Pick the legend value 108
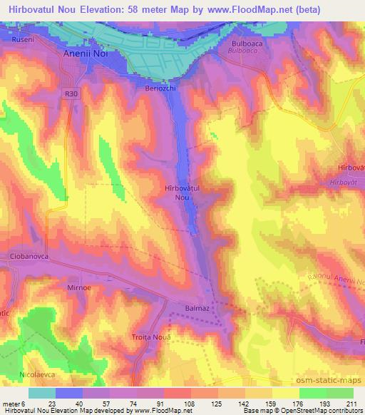pos(190,403)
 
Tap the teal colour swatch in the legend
pos(41,393)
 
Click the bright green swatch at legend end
pos(339,393)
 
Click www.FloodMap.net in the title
pos(245,9)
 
